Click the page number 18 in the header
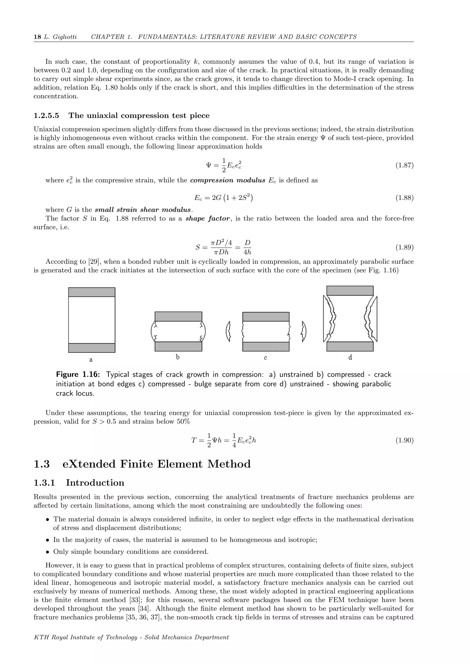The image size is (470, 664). [x=37, y=37]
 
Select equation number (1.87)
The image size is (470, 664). [x=404, y=165]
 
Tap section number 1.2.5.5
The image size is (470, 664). [x=46, y=116]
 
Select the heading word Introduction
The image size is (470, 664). [x=95, y=483]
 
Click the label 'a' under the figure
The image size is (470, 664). [x=91, y=360]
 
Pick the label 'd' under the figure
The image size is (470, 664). [x=350, y=357]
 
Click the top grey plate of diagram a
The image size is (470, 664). [x=92, y=292]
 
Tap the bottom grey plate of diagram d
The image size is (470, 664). [x=350, y=346]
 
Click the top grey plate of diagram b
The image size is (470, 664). [x=178, y=316]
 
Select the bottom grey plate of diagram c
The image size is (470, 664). [x=266, y=346]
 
